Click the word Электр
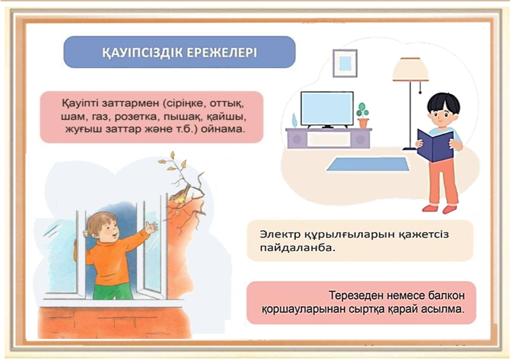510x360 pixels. pos(280,234)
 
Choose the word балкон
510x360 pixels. pos(447,295)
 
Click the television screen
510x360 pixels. pos(327,109)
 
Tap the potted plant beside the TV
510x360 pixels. pos(362,115)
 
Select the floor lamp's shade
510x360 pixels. pos(410,69)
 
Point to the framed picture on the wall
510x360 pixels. pos(345,63)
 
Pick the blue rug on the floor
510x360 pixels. pos(368,164)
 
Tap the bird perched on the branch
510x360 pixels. pos(180,195)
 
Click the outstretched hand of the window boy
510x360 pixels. pos(151,227)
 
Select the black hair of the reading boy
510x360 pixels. pos(443,102)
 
